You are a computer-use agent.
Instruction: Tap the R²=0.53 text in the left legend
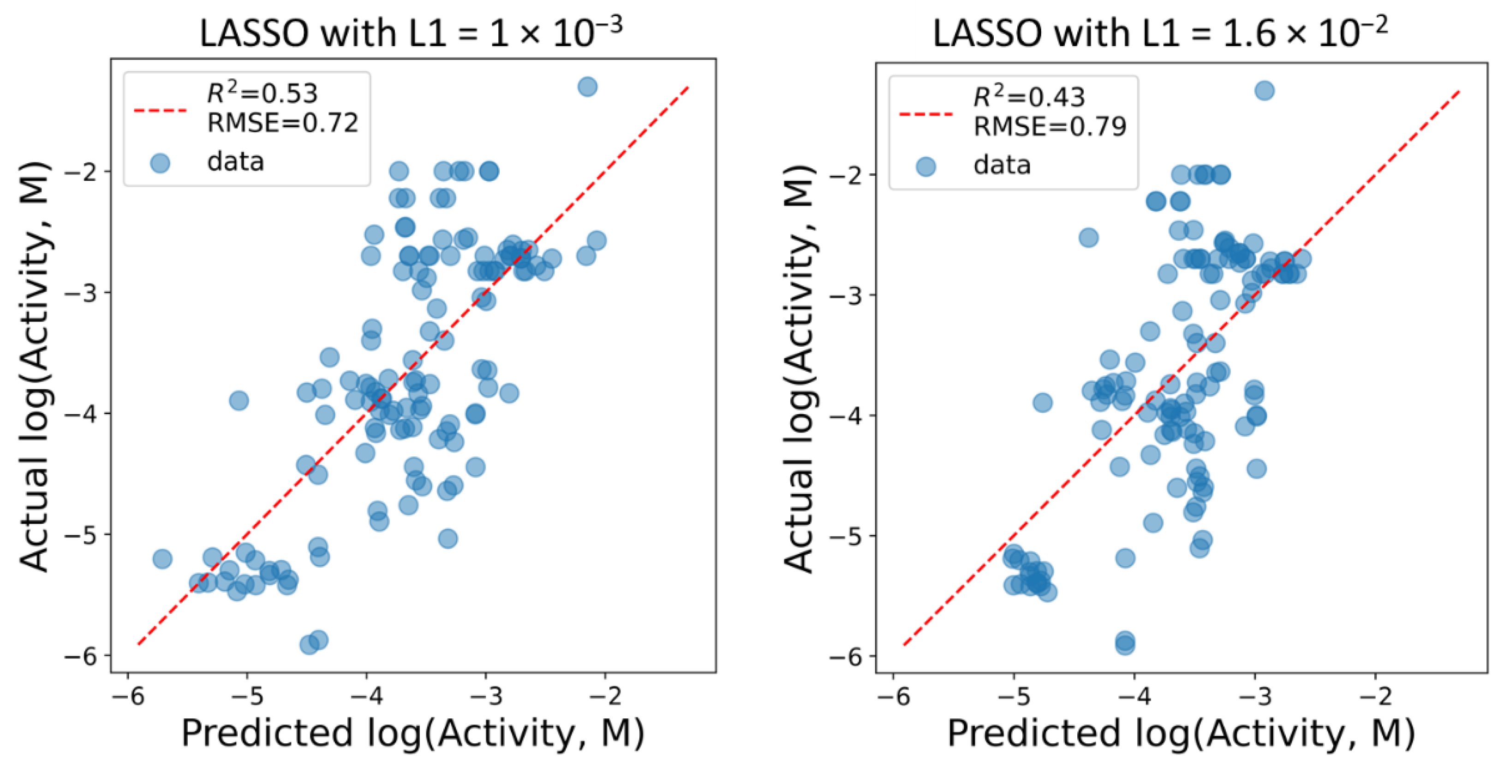pos(262,93)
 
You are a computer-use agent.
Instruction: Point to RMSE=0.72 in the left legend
pos(282,123)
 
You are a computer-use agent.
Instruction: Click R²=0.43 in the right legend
pos(1029,97)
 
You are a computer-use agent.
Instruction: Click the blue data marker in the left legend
pos(160,162)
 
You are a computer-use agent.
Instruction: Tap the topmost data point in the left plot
pos(587,87)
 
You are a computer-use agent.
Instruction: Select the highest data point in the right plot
pos(1265,90)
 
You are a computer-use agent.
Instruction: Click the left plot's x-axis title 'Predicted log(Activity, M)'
pos(412,733)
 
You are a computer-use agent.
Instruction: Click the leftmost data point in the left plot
pos(162,558)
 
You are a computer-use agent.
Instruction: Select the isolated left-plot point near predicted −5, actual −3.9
pos(239,401)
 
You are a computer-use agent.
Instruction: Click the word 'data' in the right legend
pos(1002,165)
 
